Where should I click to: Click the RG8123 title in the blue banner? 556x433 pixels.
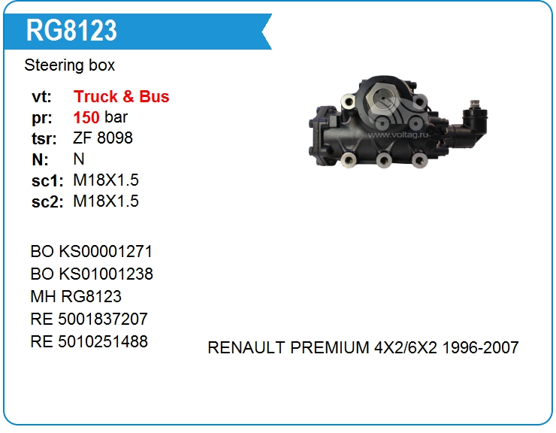[x=71, y=31]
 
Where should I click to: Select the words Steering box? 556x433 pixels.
[x=69, y=65]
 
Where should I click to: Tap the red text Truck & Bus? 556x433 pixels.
[x=121, y=96]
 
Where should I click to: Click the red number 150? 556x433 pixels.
[x=86, y=117]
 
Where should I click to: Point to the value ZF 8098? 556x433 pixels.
[x=103, y=138]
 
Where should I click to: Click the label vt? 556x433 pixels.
[x=41, y=97]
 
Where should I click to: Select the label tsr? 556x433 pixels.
[x=44, y=138]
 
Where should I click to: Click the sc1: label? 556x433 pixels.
[x=47, y=180]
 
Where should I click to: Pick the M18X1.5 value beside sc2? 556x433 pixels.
[x=106, y=201]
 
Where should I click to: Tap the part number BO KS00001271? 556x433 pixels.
[x=92, y=252]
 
